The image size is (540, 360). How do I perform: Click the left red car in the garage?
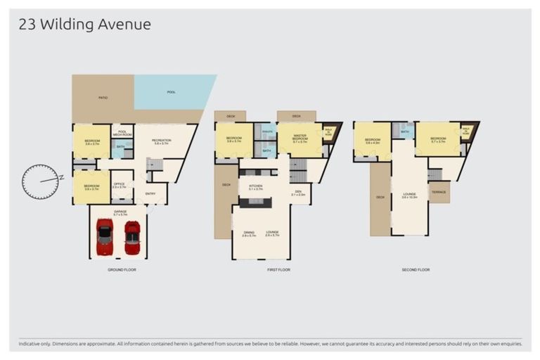[105, 237]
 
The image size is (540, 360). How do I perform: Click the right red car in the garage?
[131, 238]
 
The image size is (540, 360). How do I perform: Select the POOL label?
[171, 92]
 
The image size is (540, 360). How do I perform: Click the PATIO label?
[103, 98]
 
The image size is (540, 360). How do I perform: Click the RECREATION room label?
[161, 141]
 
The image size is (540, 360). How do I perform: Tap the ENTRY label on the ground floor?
[151, 194]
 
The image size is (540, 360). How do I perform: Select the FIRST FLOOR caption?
[279, 269]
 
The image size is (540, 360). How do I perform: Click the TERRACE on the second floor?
[439, 191]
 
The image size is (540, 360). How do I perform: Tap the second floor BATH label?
[405, 131]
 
